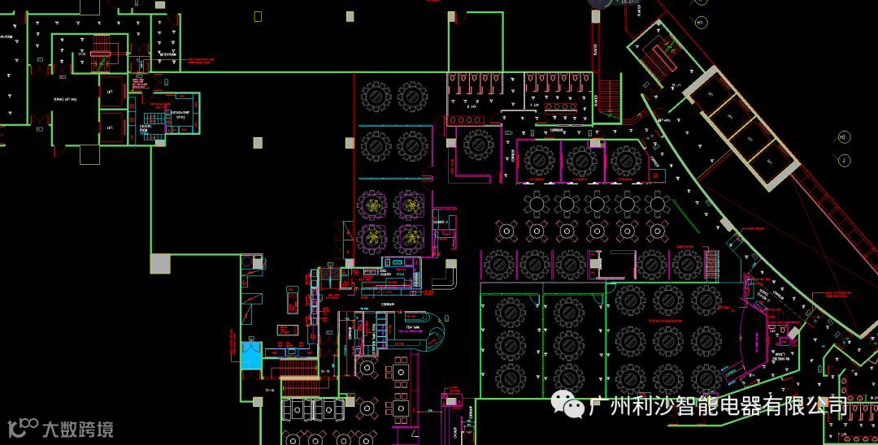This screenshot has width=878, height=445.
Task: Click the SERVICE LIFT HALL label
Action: (65, 99)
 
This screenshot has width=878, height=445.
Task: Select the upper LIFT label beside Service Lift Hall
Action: (110, 92)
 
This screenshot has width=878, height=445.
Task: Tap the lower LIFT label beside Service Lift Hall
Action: (110, 127)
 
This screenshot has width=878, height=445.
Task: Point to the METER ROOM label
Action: (168, 54)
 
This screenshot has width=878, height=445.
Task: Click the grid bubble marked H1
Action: (700, 23)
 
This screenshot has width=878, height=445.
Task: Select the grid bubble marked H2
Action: (843, 136)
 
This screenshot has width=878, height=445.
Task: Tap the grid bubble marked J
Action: (845, 161)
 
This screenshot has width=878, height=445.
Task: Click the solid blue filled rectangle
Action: (251, 356)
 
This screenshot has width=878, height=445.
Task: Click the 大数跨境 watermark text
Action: (77, 428)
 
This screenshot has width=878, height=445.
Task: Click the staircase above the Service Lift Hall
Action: (100, 46)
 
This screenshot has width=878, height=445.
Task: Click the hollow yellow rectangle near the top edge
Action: (258, 15)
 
